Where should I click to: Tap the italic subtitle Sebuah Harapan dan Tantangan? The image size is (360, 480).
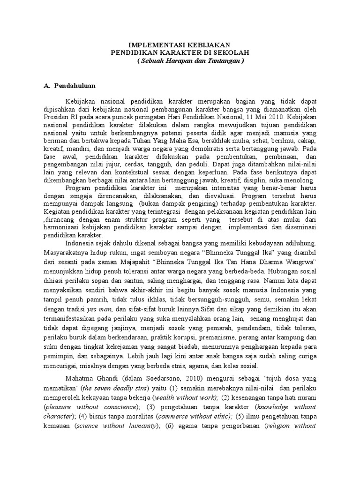point(190,61)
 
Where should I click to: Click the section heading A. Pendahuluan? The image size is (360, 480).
point(69,86)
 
